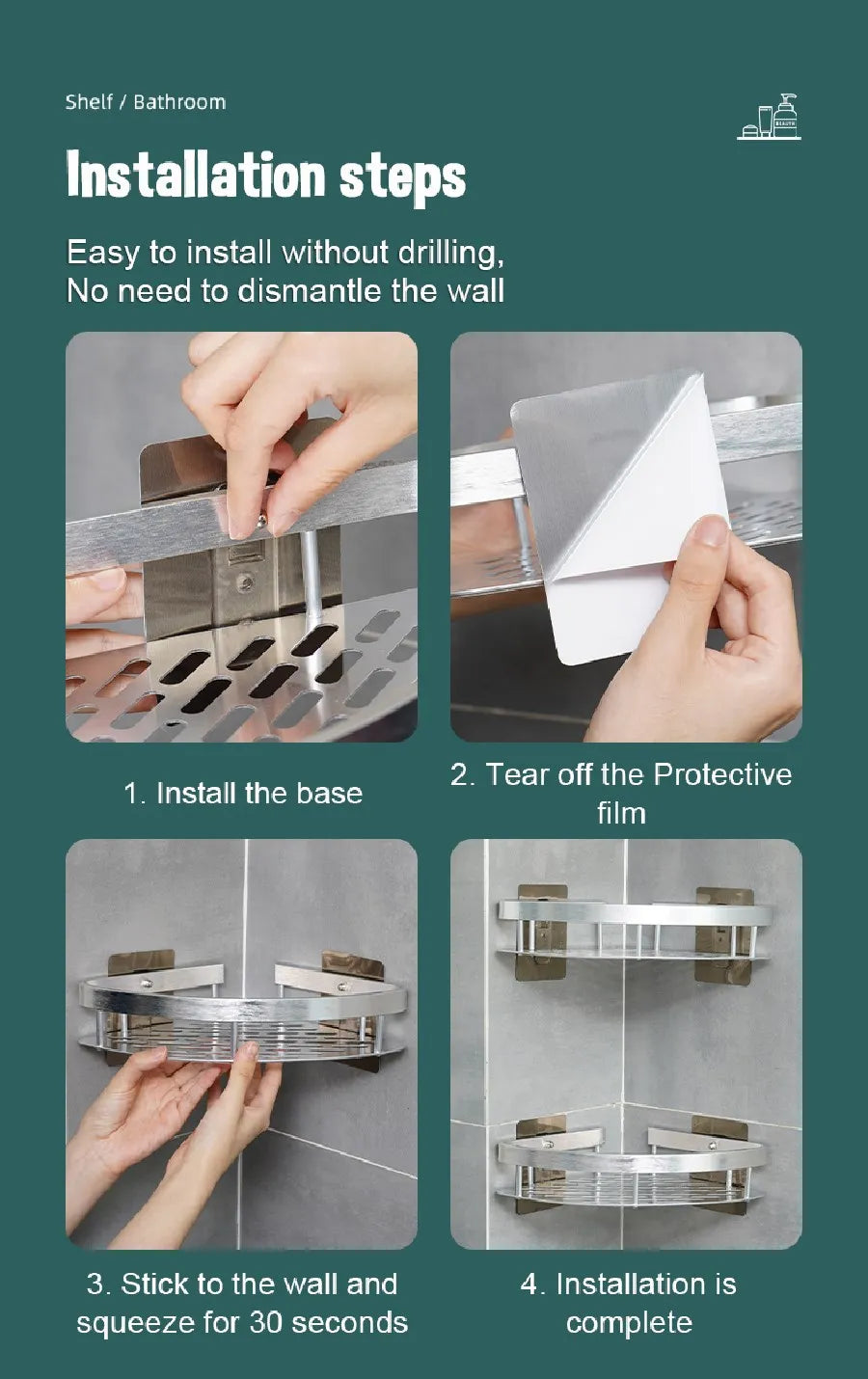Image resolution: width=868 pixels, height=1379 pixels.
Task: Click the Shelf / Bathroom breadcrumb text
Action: click(146, 102)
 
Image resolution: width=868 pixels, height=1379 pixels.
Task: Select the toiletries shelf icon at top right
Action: click(770, 118)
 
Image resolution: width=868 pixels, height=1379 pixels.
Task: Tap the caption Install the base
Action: click(243, 794)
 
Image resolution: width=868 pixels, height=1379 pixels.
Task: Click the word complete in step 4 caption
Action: click(629, 1322)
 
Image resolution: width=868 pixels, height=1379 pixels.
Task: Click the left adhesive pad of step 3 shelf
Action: click(129, 964)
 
